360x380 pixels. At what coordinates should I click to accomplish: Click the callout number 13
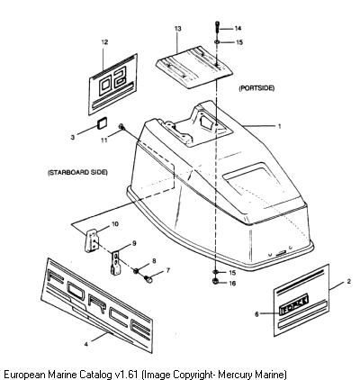pyautogui.click(x=178, y=29)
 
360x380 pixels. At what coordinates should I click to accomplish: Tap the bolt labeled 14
pyautogui.click(x=217, y=29)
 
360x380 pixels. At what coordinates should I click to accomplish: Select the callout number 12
pyautogui.click(x=104, y=42)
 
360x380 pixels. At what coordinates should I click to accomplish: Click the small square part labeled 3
pyautogui.click(x=103, y=123)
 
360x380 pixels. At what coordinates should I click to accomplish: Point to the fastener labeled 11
pyautogui.click(x=121, y=127)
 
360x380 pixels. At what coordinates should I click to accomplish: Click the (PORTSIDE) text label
pyautogui.click(x=256, y=88)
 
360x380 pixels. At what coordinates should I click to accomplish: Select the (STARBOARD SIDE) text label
pyautogui.click(x=77, y=172)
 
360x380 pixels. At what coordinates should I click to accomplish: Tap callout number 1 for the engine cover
pyautogui.click(x=279, y=126)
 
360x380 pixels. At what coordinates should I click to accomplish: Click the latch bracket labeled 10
pyautogui.click(x=91, y=240)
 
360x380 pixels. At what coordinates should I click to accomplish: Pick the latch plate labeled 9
pyautogui.click(x=116, y=263)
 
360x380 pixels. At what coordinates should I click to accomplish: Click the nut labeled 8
pyautogui.click(x=136, y=271)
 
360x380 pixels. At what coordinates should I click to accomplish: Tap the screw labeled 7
pyautogui.click(x=148, y=279)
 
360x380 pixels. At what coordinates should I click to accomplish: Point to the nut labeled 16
pyautogui.click(x=215, y=282)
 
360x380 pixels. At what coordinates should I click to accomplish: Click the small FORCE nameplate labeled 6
pyautogui.click(x=293, y=306)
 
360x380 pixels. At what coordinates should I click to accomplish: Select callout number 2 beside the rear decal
pyautogui.click(x=348, y=282)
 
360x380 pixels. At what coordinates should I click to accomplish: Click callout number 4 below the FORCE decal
pyautogui.click(x=86, y=344)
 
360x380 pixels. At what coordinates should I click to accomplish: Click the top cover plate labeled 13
pyautogui.click(x=194, y=68)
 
